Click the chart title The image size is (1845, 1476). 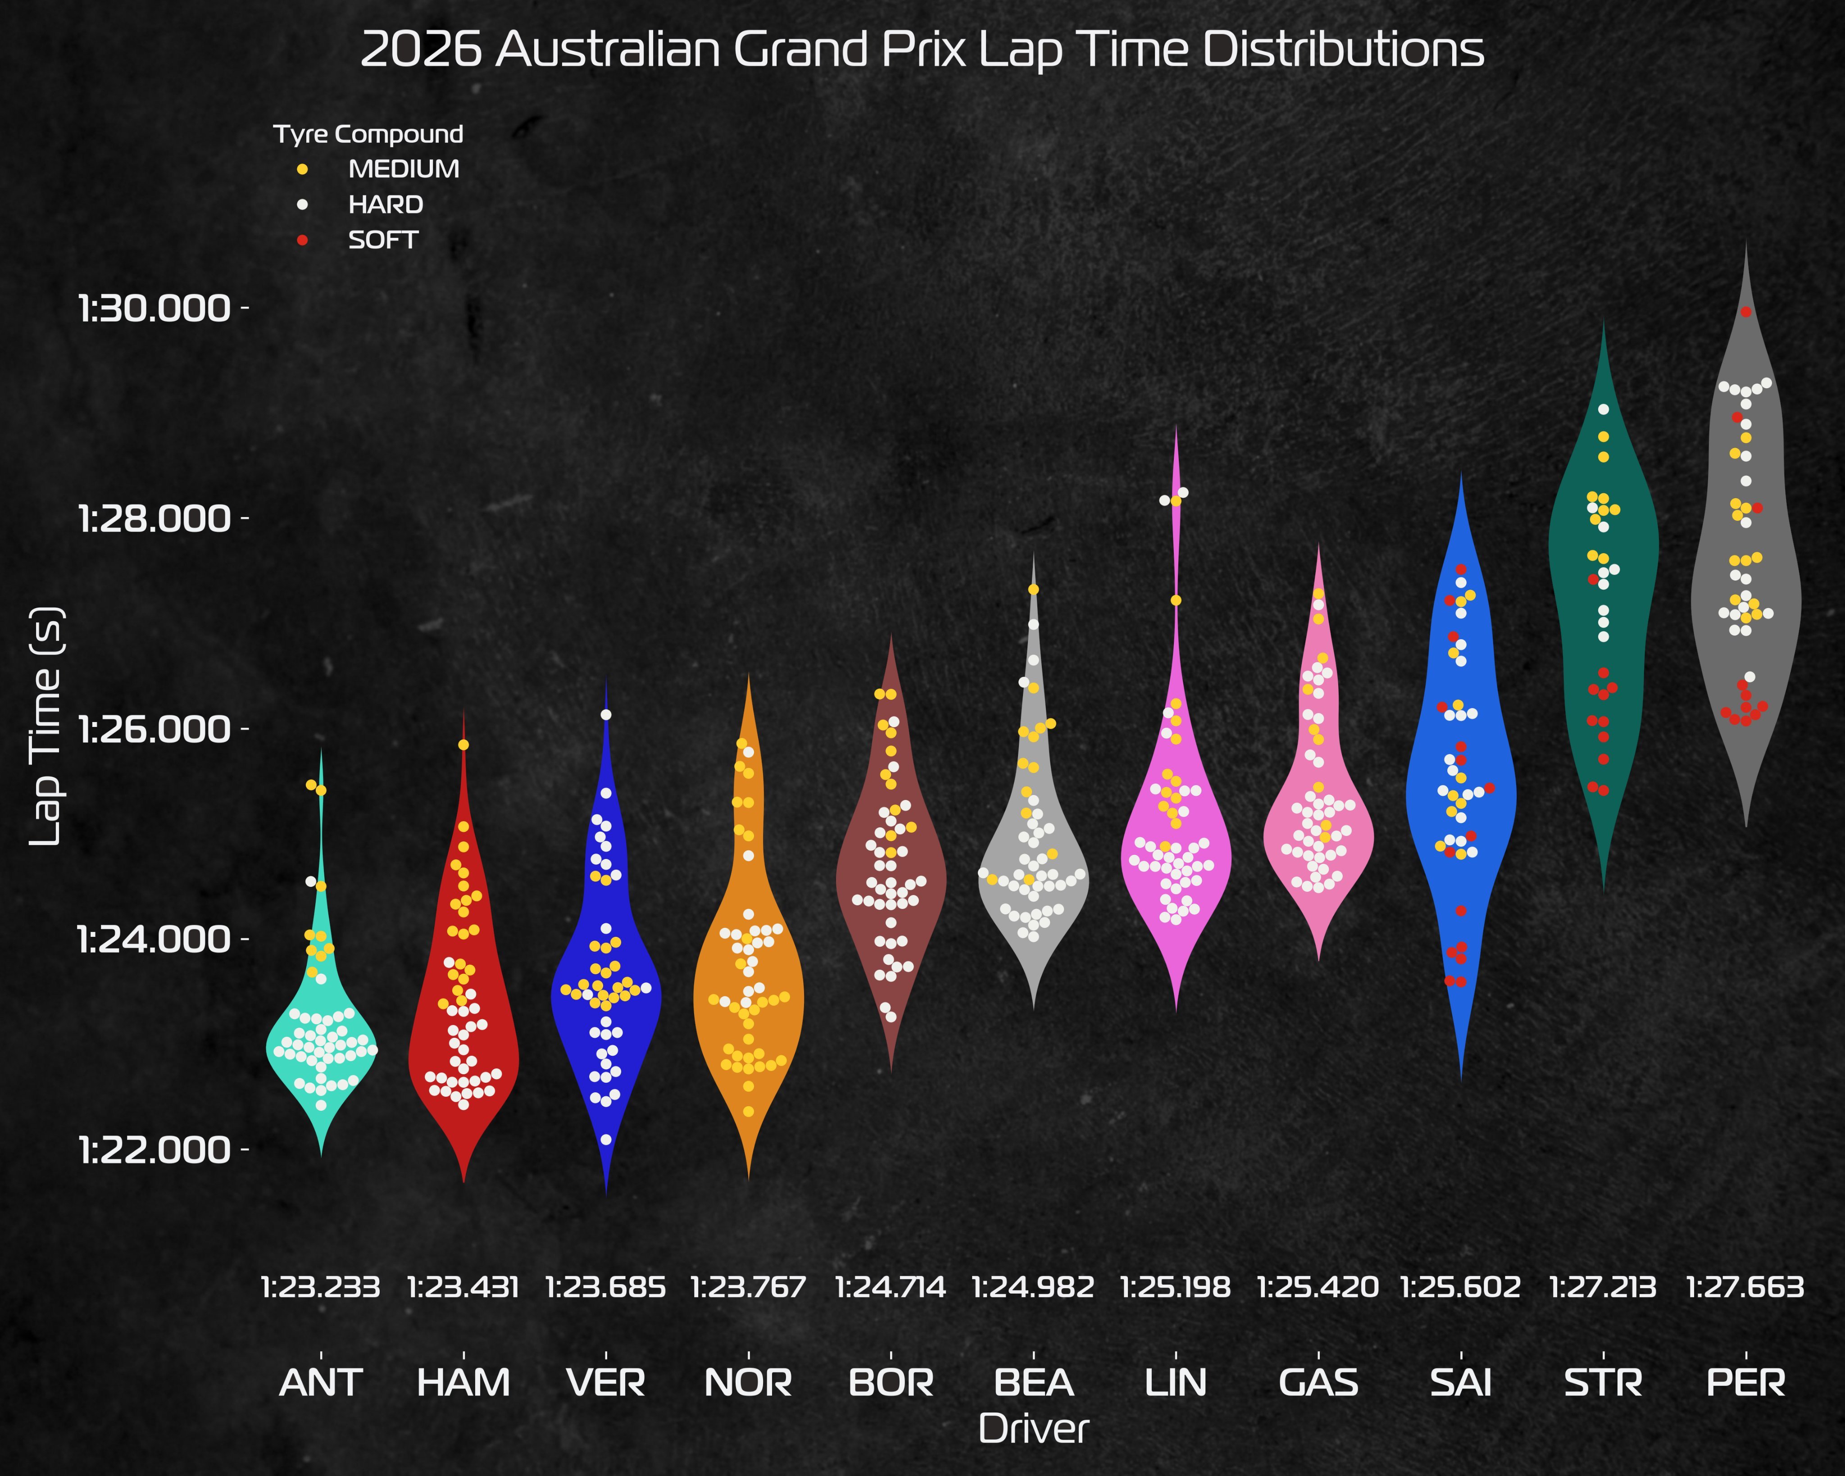tap(922, 50)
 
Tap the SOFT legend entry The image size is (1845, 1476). tap(382, 241)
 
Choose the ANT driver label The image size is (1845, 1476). tap(321, 1382)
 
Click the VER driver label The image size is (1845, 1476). tap(606, 1382)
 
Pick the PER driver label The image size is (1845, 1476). tap(1746, 1382)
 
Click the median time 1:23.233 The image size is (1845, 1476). tap(321, 1287)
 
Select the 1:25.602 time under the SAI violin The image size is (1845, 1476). tap(1461, 1287)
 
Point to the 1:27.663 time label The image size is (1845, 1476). tap(1746, 1287)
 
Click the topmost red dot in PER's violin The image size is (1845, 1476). tap(1746, 311)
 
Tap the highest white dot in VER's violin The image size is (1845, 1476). tap(606, 713)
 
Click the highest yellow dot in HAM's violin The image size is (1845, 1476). tap(463, 745)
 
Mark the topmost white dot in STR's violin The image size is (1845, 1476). tap(1604, 409)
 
